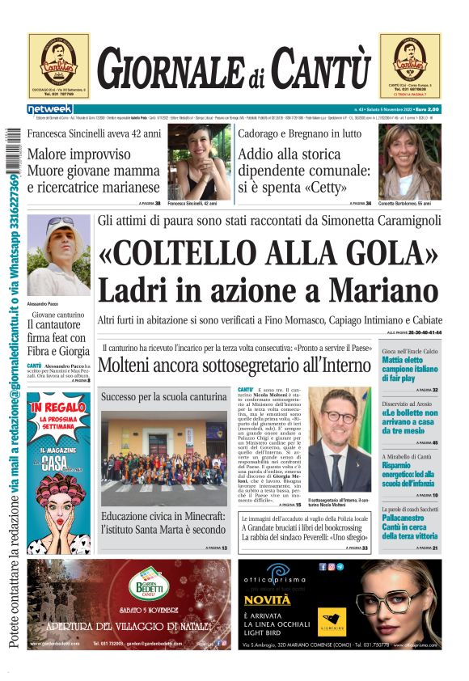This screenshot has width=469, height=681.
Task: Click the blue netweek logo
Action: (x=50, y=109)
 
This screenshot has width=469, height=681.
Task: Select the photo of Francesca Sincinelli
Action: (x=199, y=162)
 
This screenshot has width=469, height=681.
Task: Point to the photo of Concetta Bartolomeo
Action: (x=410, y=161)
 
